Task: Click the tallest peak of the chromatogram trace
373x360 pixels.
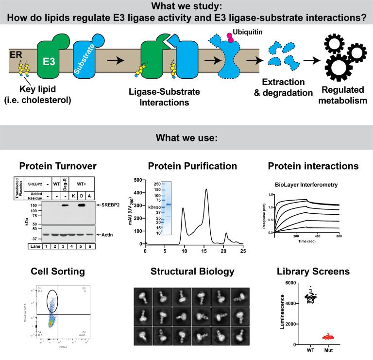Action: [x=206, y=190]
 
